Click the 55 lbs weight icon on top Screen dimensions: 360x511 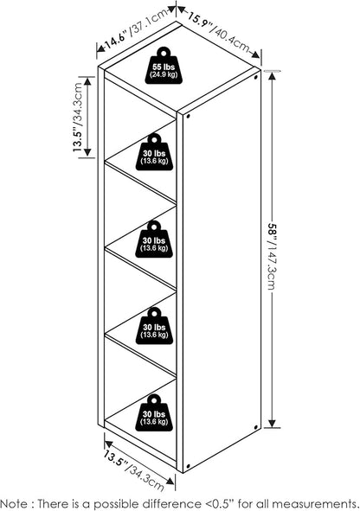164,66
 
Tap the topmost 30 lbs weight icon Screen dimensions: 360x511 154,152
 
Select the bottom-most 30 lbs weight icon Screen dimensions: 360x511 154,413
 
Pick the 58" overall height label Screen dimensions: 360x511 272,233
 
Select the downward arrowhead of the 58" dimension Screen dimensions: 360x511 272,423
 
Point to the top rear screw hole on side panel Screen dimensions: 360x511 255,78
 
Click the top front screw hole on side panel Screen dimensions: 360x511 188,116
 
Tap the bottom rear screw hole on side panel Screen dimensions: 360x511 255,427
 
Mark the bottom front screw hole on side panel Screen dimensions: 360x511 188,465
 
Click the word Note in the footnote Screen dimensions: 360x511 15,503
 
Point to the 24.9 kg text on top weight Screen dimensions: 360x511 164,74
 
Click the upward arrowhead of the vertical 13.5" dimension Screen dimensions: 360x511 87,80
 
